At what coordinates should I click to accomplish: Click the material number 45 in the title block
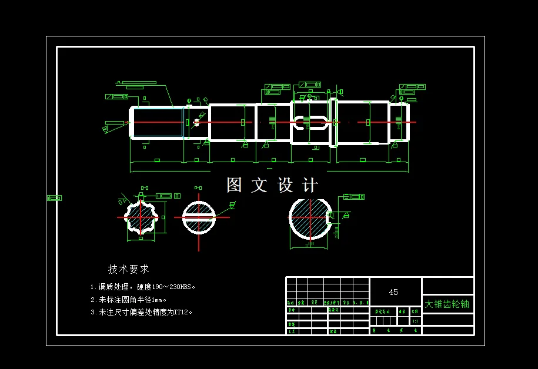[393, 292]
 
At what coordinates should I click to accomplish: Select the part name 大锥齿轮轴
[447, 304]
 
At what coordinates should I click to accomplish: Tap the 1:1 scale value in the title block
[415, 321]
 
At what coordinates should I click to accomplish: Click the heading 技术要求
[129, 269]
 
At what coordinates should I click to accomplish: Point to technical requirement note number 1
[143, 287]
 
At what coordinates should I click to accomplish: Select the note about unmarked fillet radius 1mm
[129, 300]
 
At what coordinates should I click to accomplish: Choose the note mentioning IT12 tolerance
[142, 313]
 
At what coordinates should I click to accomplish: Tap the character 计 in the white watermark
[310, 185]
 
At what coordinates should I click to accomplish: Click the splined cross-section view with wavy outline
[141, 217]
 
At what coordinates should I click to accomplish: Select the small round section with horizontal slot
[199, 217]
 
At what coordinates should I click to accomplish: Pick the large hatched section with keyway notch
[310, 218]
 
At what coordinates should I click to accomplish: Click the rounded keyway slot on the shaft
[310, 123]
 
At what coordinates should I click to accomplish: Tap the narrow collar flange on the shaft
[333, 122]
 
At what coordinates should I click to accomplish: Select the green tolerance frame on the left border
[54, 198]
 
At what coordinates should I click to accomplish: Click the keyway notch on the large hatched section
[330, 217]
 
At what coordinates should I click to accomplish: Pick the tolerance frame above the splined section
[164, 196]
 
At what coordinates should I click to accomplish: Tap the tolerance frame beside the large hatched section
[354, 197]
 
